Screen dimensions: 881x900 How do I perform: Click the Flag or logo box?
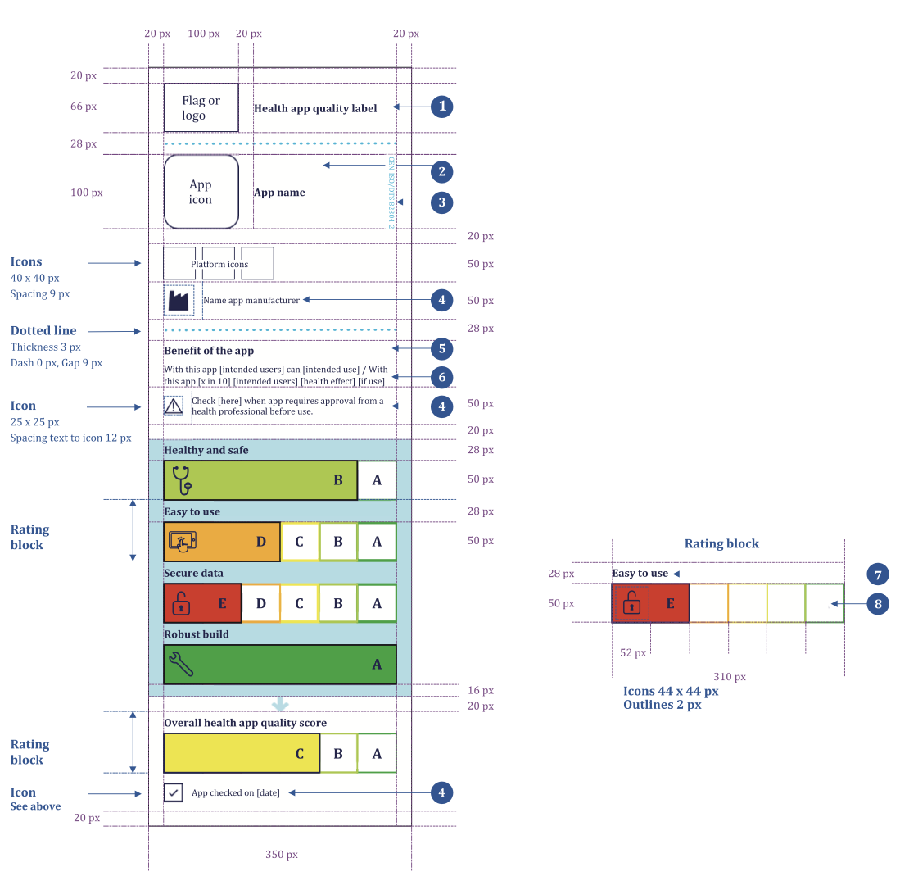pyautogui.click(x=201, y=107)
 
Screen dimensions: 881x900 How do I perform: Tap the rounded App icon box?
pyautogui.click(x=201, y=192)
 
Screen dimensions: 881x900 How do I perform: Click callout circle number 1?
pyautogui.click(x=442, y=106)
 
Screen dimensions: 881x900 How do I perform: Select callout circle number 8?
pyautogui.click(x=878, y=604)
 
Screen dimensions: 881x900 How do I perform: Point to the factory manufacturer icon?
pyautogui.click(x=179, y=301)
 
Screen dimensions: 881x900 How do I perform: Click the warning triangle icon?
pyautogui.click(x=173, y=405)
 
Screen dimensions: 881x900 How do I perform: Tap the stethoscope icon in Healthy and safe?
pyautogui.click(x=182, y=479)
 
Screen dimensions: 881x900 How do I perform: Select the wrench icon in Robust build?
pyautogui.click(x=180, y=662)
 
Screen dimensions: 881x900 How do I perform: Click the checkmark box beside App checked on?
pyautogui.click(x=173, y=792)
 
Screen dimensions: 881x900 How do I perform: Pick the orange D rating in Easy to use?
pyautogui.click(x=260, y=542)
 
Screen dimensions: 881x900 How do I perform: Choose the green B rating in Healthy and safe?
pyautogui.click(x=337, y=480)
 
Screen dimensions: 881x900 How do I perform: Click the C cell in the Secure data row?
pyautogui.click(x=299, y=603)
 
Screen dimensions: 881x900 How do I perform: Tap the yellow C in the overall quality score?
pyautogui.click(x=300, y=753)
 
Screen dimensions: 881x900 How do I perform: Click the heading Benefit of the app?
pyautogui.click(x=209, y=351)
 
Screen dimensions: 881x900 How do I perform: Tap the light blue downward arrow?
pyautogui.click(x=280, y=703)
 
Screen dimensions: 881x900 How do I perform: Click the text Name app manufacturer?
pyautogui.click(x=251, y=300)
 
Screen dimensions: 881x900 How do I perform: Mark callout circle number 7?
pyautogui.click(x=878, y=574)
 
